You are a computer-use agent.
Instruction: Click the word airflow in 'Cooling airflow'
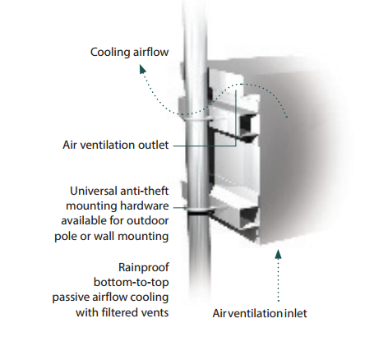pos(149,52)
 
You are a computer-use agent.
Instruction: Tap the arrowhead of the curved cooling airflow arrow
pos(142,69)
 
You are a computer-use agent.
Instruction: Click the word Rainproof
pos(144,267)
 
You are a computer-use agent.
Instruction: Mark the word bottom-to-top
pos(132,282)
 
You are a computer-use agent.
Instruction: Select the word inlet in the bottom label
pos(295,313)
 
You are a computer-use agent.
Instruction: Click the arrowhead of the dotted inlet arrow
pos(278,254)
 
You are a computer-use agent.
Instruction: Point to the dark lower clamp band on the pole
pos(198,212)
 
